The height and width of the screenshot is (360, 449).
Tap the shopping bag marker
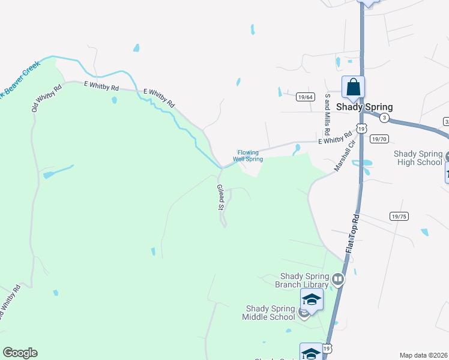coord(353,87)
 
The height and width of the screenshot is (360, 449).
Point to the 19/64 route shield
coord(306,97)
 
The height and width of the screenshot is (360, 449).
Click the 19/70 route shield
coord(379,139)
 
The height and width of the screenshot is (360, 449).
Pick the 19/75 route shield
coord(398,217)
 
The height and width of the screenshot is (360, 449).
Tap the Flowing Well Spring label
coord(249,156)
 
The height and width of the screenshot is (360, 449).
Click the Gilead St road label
coord(220,197)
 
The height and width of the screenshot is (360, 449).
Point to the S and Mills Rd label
coord(327,114)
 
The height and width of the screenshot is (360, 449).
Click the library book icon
coord(338,278)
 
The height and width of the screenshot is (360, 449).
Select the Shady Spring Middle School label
coord(270,313)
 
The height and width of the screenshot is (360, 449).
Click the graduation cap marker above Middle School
coord(312,298)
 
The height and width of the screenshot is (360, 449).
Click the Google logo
coord(20,353)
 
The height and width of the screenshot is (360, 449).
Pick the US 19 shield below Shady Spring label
coord(361,128)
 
